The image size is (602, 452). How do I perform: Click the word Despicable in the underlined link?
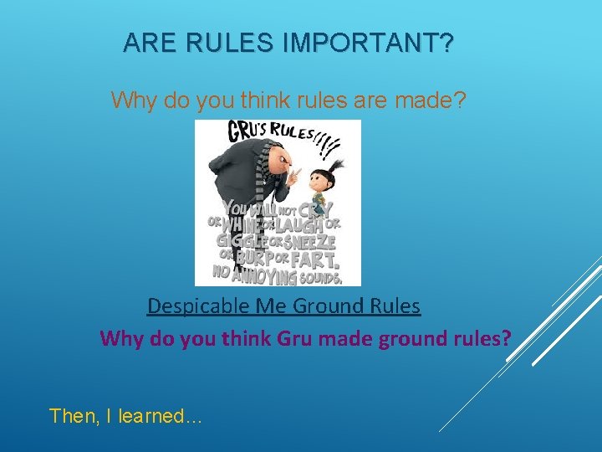[191, 306]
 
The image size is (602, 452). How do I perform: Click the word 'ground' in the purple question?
[415, 339]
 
